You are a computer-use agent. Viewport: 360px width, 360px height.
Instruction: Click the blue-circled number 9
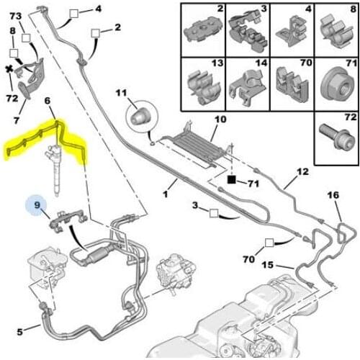[37, 205]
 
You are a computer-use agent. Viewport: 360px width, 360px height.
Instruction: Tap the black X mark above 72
[9, 69]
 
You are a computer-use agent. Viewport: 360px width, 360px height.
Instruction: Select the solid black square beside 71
[232, 179]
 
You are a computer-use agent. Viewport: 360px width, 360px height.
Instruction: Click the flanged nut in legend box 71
[337, 84]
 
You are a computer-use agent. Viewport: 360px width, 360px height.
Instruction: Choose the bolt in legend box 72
[337, 138]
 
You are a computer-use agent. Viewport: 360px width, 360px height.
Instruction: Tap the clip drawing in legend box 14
[248, 87]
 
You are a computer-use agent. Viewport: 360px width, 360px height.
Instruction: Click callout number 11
[121, 93]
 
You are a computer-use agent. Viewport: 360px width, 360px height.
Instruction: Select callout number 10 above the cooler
[220, 120]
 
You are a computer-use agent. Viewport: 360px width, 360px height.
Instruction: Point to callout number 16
[333, 195]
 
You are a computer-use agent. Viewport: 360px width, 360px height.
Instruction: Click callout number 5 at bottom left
[20, 332]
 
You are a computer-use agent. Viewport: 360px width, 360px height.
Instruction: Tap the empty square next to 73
[26, 37]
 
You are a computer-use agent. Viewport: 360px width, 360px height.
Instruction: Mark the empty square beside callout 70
[269, 243]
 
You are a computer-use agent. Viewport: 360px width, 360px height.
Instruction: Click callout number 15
[268, 265]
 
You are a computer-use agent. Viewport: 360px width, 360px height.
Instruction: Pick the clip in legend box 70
[292, 83]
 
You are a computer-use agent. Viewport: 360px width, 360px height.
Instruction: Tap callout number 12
[303, 172]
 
